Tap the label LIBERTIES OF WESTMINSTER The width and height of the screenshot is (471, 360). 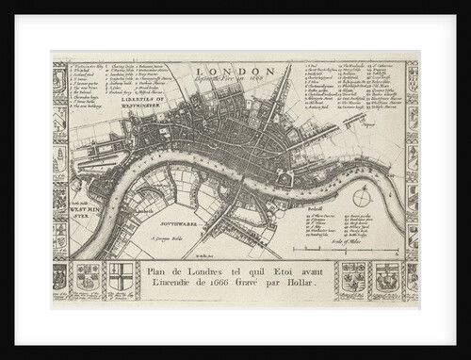[x=140, y=102]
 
